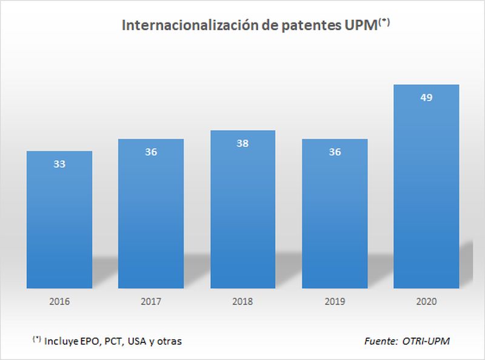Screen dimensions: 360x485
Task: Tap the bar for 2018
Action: (x=243, y=209)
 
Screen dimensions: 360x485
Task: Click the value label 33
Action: (x=59, y=164)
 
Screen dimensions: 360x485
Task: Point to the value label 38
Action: (x=243, y=144)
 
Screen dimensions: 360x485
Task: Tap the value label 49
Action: (x=426, y=98)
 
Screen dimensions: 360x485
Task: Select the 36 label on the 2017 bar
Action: (x=151, y=152)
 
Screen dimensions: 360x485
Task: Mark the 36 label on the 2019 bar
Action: (x=335, y=152)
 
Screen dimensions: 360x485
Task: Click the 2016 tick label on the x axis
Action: (x=59, y=301)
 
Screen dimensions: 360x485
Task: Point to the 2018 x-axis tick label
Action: (x=243, y=301)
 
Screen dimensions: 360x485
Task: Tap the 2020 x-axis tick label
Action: (x=426, y=301)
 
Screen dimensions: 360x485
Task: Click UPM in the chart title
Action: (x=361, y=26)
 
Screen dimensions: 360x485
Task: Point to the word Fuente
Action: (x=380, y=341)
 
